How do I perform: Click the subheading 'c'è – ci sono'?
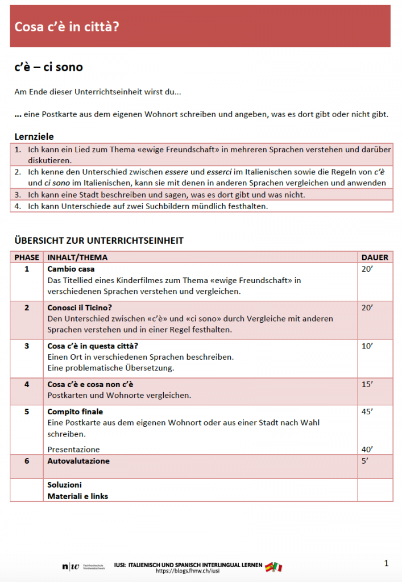[48, 67]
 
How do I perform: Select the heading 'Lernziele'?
[34, 136]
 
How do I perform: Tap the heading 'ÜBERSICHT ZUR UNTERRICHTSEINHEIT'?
[99, 240]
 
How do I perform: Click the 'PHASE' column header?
[27, 257]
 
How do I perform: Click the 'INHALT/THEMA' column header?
[77, 257]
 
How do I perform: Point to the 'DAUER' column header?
[375, 257]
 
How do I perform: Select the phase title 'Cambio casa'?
[71, 269]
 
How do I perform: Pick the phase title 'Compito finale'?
[75, 411]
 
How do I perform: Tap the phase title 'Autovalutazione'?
[78, 461]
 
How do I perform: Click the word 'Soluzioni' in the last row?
[64, 485]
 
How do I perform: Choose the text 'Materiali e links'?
[77, 496]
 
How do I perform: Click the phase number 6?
[27, 461]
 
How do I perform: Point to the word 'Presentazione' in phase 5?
[73, 450]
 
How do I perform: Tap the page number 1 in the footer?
[387, 563]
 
